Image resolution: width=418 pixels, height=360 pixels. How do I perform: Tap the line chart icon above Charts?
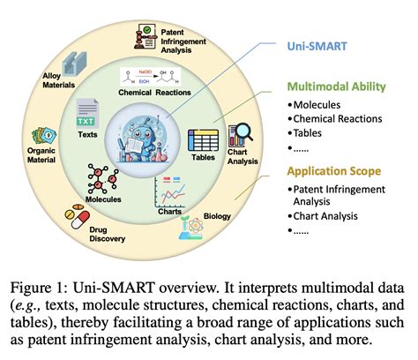(x=172, y=190)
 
